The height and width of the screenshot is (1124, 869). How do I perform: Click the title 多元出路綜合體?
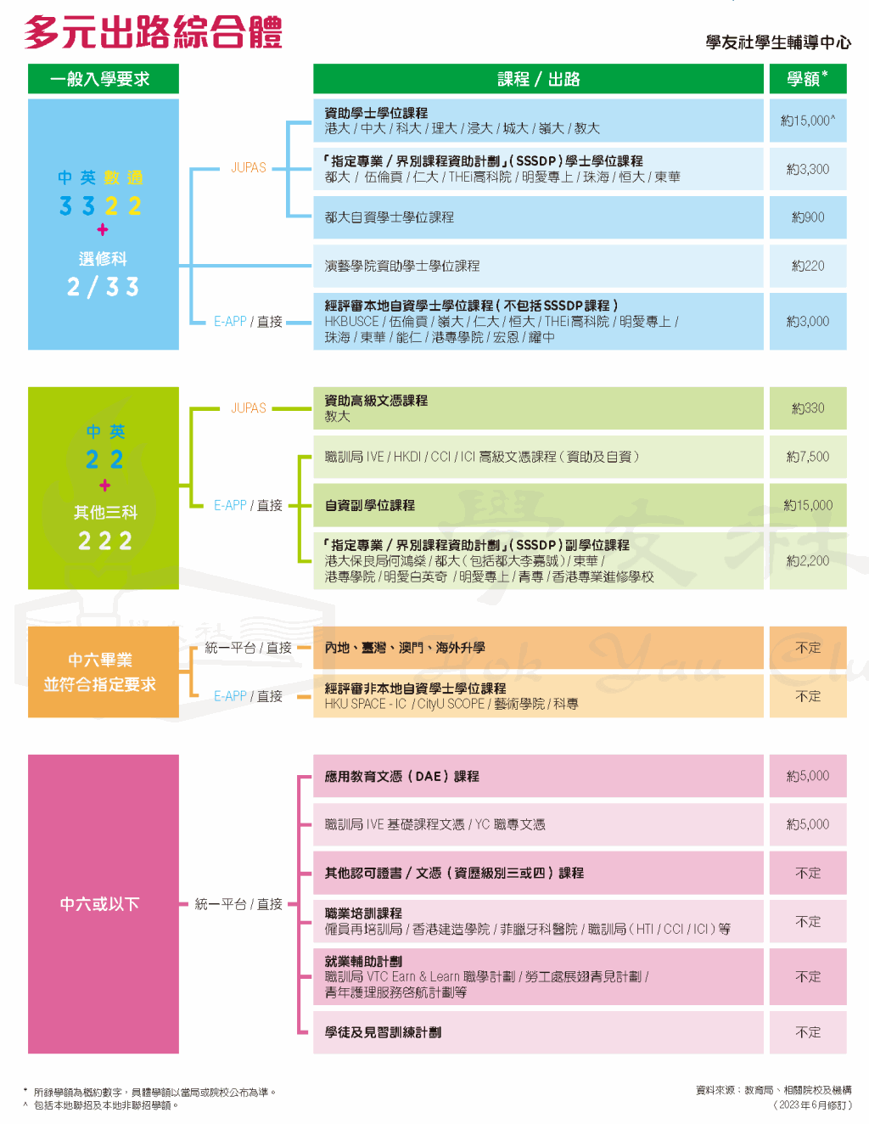pos(153,32)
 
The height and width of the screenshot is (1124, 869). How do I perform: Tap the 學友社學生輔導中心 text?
pos(778,42)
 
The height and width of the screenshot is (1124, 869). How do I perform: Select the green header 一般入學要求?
pos(104,79)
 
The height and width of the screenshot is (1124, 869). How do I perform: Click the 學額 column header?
pos(808,79)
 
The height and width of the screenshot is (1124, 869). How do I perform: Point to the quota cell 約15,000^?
pos(808,121)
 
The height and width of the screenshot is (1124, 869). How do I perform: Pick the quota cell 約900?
pos(808,217)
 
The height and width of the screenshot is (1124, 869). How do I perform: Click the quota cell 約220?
pos(808,266)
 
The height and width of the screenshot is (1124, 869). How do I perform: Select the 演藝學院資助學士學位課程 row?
pos(538,266)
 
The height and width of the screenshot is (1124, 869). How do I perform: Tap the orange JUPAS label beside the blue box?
pos(249,167)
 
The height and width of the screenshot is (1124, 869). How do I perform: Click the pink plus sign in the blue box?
pos(103,229)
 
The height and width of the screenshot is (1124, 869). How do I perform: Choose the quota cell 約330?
pos(808,408)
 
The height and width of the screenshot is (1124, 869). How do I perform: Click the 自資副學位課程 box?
pos(538,505)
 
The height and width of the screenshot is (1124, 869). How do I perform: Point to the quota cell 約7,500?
pos(808,457)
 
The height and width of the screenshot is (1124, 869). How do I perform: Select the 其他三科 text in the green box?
pos(105,512)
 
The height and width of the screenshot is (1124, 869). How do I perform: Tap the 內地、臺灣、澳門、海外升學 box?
pos(538,648)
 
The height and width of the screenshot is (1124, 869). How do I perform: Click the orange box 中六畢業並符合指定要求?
pos(104,672)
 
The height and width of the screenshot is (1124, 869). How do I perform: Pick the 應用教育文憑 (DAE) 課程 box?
pos(538,776)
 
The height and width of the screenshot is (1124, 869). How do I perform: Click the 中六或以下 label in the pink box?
pos(100,903)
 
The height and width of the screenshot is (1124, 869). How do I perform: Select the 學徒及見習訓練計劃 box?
pos(538,1032)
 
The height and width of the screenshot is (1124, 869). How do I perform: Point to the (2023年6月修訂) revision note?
pos(811,1104)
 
